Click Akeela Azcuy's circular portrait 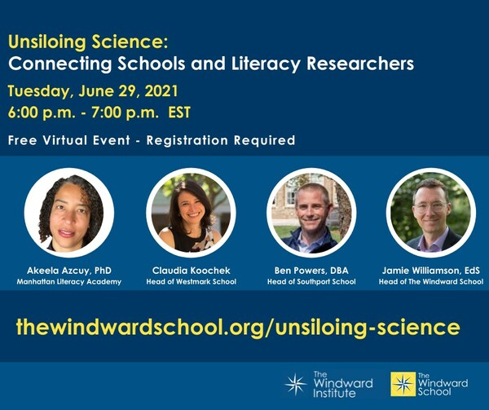coord(69,212)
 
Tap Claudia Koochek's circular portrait coord(191,214)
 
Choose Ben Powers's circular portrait coord(311,213)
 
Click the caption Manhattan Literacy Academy coord(69,281)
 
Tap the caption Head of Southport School coord(310,281)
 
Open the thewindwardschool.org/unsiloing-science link coord(238,328)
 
